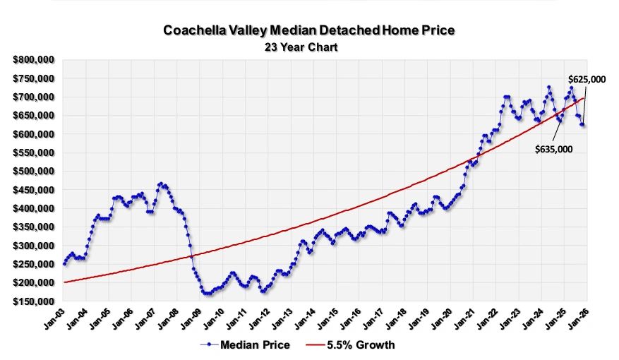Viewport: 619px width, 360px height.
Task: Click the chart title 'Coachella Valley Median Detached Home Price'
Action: [x=309, y=30]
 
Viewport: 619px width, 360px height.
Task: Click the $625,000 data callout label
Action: [x=587, y=80]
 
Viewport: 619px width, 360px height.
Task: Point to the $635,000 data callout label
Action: [x=553, y=149]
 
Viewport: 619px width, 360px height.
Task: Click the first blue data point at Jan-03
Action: [x=64, y=263]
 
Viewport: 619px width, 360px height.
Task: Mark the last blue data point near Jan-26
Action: [x=584, y=125]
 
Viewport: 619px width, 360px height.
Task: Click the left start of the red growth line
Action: [x=64, y=282]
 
